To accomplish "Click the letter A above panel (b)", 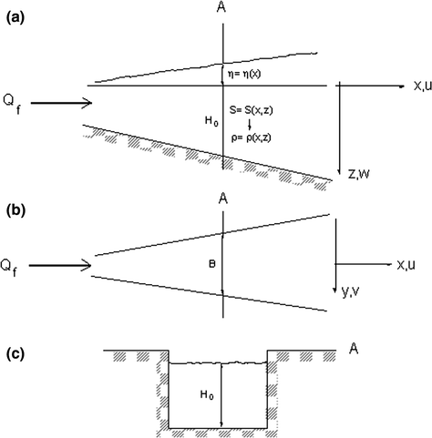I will [221, 198].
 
